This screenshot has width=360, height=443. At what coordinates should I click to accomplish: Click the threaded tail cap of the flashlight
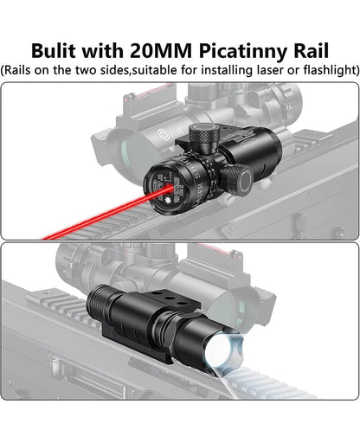(96, 305)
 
